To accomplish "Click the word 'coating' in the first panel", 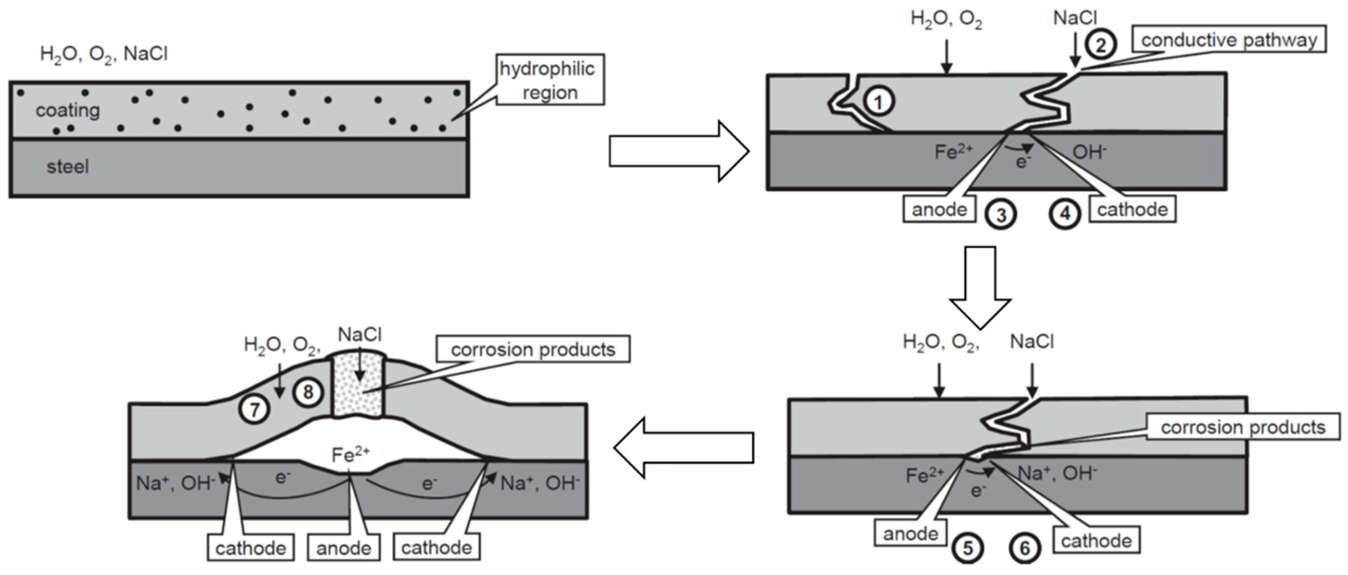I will [x=67, y=111].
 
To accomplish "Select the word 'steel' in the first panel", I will [x=67, y=167].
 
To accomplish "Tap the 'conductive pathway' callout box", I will [x=1229, y=40].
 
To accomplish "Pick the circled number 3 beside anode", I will [x=1000, y=215].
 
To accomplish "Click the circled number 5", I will [x=968, y=548].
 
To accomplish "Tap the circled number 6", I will [x=1025, y=548].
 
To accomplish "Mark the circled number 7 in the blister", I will [x=254, y=409].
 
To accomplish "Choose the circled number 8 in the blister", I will [x=308, y=392].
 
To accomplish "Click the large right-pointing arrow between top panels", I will [x=679, y=152].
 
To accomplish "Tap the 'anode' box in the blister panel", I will [x=344, y=548].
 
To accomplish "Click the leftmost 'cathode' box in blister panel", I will [x=251, y=548].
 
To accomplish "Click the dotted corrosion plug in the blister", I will [x=358, y=387].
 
